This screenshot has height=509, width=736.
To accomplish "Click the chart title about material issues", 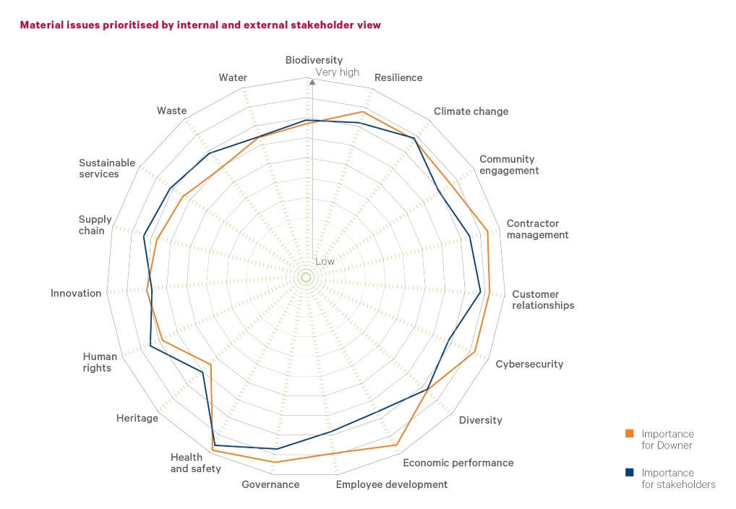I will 200,25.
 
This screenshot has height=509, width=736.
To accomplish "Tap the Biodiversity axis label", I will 314,60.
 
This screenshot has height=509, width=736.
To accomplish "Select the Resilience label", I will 398,77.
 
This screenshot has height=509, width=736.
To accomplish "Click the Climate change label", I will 471,111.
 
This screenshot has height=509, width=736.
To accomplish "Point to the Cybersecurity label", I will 529,364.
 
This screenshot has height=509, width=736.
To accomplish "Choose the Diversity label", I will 480,420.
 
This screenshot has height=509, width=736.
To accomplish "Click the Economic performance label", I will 458,463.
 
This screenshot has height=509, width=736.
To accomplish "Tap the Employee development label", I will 391,484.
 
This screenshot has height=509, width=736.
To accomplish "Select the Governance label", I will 270,484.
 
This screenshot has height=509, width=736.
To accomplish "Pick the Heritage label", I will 137,418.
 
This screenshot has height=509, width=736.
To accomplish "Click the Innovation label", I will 76,293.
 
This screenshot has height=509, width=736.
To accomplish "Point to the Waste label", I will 171,111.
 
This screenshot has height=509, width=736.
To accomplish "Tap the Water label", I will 233,77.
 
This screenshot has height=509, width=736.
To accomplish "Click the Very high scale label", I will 337,72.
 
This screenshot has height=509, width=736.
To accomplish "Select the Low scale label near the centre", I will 325,261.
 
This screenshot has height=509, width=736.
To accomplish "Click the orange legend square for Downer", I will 629,434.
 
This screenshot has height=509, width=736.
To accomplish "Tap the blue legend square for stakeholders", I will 629,472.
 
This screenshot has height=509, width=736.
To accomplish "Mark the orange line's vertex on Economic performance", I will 397,445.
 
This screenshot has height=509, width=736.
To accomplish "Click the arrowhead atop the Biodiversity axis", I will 312,82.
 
